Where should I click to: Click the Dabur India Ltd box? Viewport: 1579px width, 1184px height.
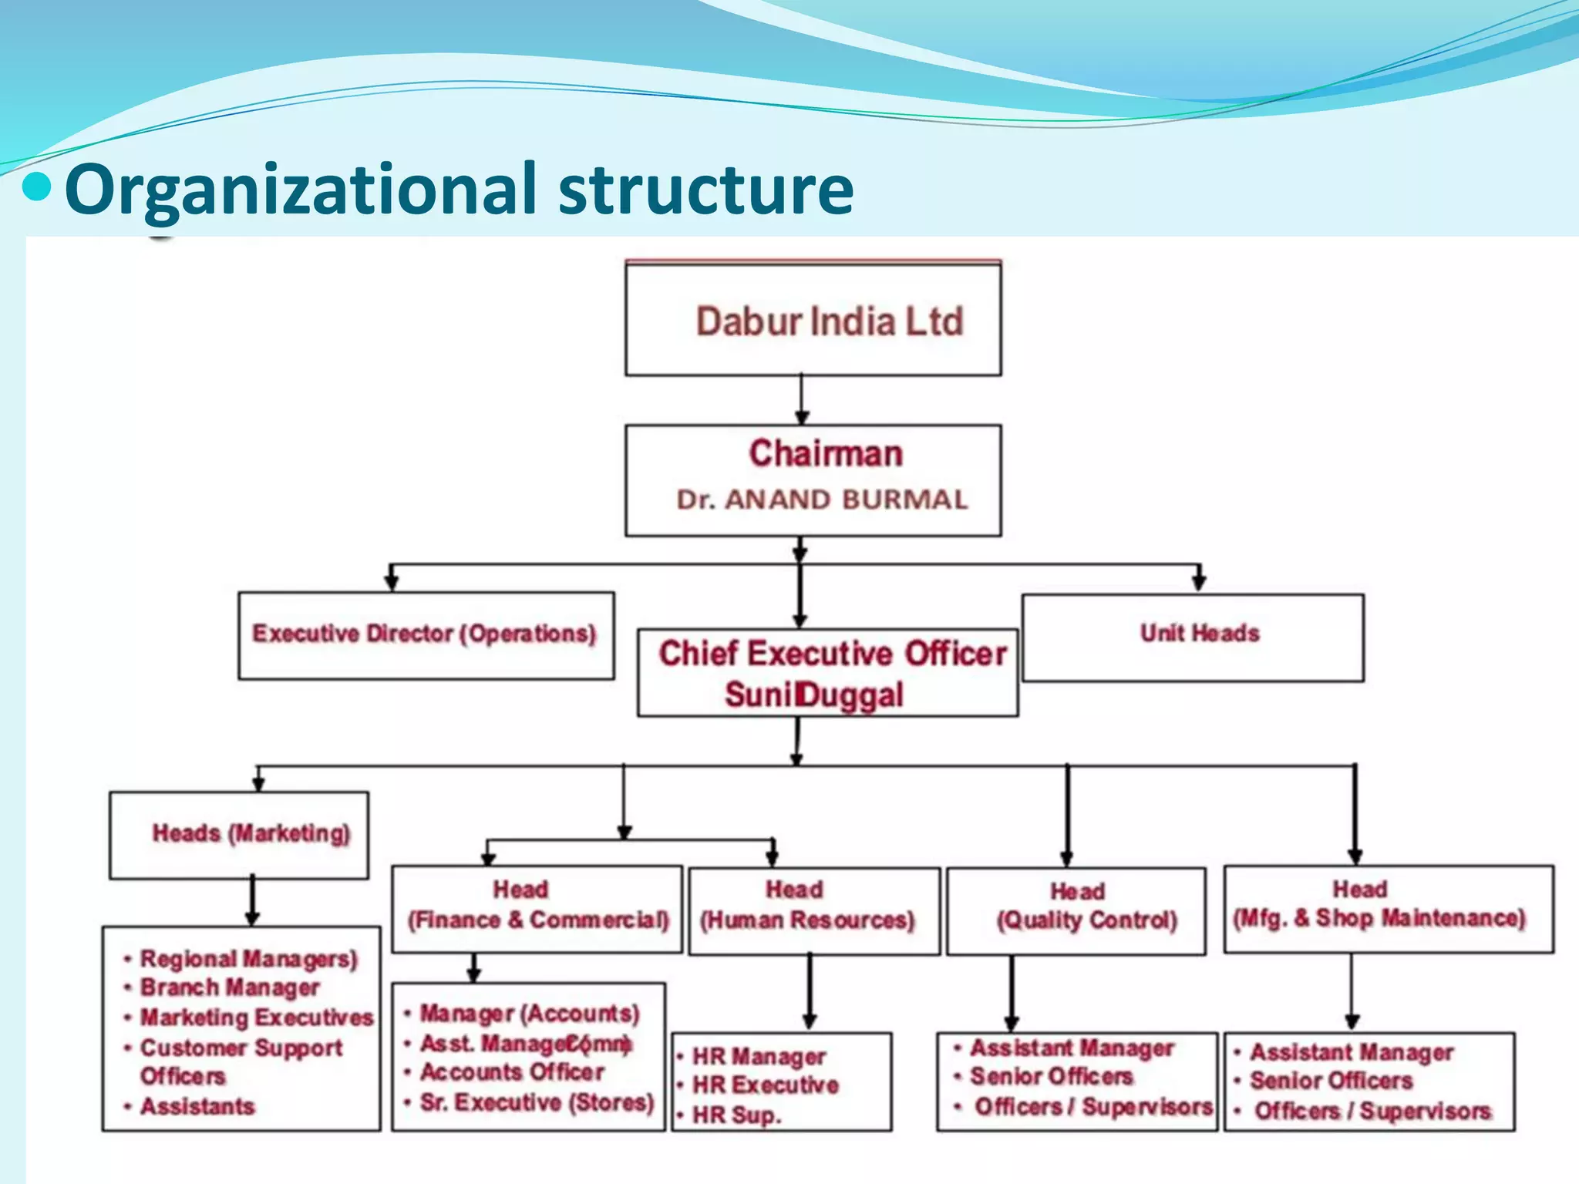point(813,320)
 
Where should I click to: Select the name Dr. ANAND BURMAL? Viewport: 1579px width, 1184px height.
point(822,499)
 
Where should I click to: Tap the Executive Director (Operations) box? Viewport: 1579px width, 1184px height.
point(426,635)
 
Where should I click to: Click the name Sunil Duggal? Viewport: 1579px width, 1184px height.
point(814,695)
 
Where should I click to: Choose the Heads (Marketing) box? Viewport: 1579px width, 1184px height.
point(239,835)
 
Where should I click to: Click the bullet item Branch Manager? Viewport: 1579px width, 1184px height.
point(230,988)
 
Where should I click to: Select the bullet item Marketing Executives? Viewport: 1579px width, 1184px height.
point(257,1017)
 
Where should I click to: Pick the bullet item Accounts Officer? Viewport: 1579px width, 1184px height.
point(512,1072)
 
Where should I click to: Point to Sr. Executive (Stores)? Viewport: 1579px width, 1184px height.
point(537,1103)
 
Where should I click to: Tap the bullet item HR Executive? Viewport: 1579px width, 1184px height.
point(765,1085)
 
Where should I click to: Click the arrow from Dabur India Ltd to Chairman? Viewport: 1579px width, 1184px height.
point(802,400)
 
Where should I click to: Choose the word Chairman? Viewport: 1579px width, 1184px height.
point(826,454)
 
